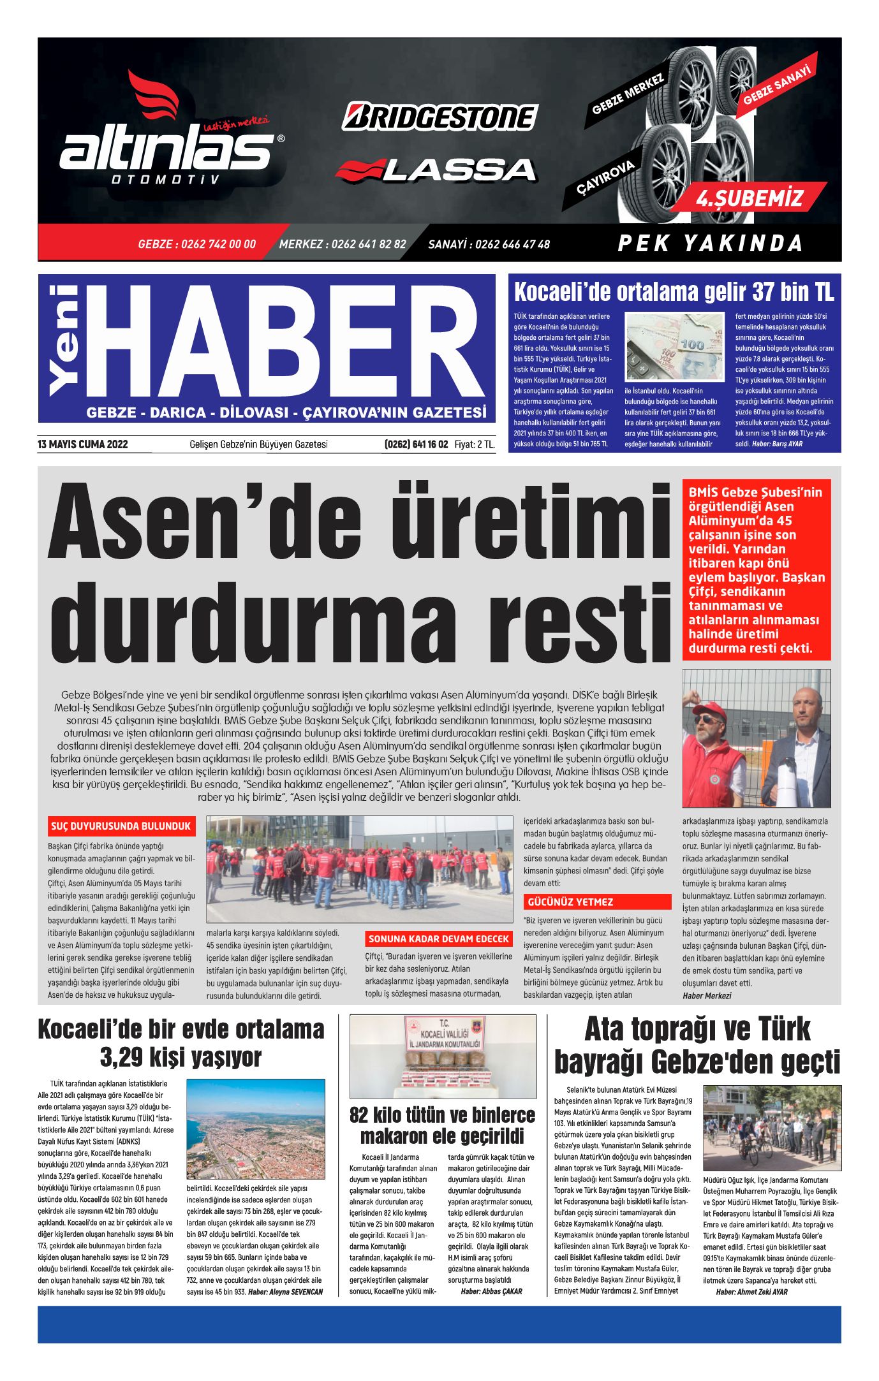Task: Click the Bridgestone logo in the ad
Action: (440, 117)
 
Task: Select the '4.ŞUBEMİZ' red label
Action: (750, 198)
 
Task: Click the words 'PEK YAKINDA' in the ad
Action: (710, 244)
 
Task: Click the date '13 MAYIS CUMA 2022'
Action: (83, 444)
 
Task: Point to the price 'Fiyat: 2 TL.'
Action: (475, 444)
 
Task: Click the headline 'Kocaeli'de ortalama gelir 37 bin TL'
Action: (674, 293)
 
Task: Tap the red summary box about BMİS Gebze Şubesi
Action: (756, 570)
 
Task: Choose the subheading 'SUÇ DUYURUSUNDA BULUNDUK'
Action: (121, 826)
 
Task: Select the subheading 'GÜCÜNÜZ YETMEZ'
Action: (570, 902)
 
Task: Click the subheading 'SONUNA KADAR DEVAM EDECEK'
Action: (439, 939)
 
